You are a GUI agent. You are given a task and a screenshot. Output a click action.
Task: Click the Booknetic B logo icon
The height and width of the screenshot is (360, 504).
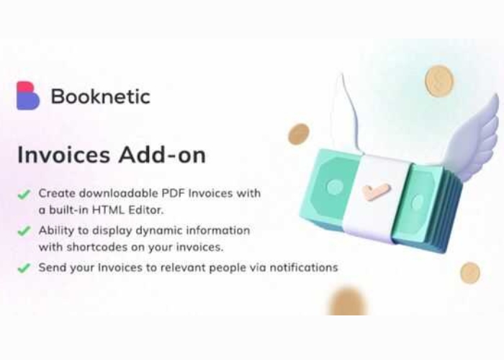pos(28,96)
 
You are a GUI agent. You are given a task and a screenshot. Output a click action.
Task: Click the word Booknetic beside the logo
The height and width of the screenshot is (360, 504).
pos(101,96)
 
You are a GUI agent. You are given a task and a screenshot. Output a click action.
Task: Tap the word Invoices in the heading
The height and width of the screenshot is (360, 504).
pos(63,156)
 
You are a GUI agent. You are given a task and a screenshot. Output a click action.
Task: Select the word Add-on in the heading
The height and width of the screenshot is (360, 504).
pos(162,156)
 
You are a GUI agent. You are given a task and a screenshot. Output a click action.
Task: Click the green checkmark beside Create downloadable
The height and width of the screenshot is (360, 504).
pos(24,194)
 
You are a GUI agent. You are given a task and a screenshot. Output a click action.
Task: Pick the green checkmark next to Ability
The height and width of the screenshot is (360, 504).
pos(24,231)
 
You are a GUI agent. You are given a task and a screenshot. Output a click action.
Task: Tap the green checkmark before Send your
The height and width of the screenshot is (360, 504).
pos(24,268)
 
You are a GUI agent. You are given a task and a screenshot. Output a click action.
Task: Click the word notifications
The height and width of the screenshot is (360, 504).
pos(304,267)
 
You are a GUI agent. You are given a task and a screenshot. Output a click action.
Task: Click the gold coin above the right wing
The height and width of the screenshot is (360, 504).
pos(439,81)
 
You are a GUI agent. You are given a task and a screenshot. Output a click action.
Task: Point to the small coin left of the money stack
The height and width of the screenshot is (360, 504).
pos(298,134)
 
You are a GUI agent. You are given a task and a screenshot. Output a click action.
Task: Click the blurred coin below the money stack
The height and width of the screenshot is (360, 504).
pos(347,301)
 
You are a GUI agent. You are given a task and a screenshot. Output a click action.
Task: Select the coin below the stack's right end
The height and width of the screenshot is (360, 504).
pos(470,273)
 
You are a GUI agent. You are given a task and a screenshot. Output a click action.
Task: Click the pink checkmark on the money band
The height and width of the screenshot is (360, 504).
pos(376,192)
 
